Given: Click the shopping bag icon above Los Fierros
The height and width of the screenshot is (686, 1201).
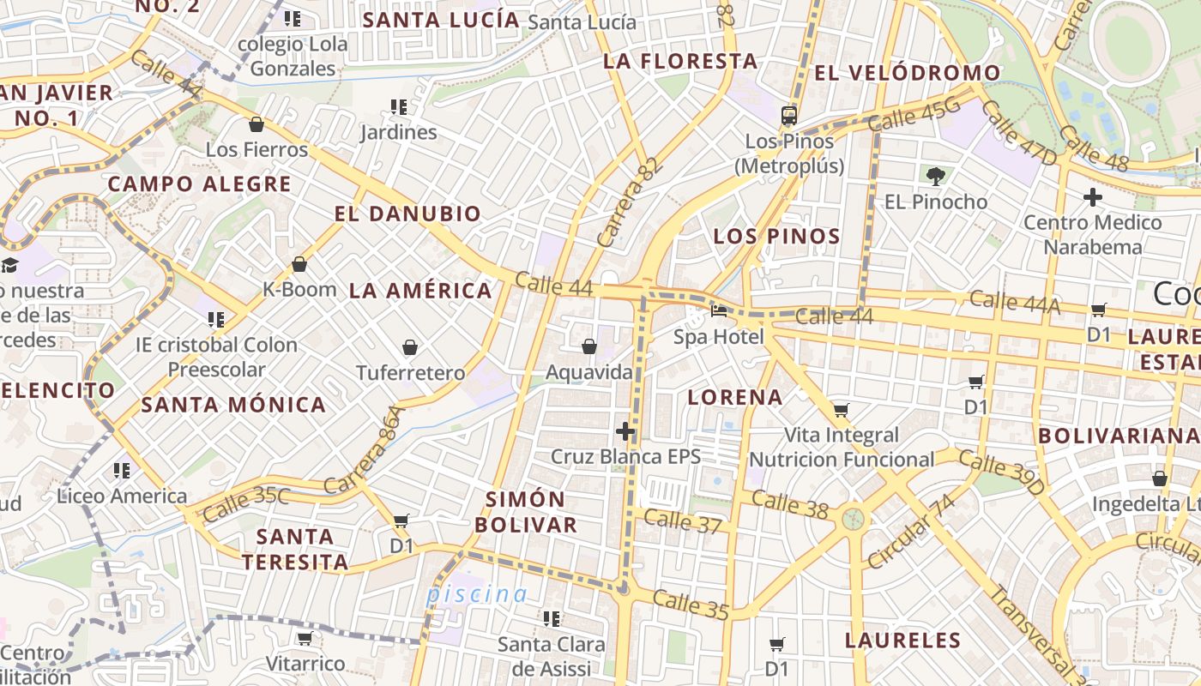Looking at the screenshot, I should click(256, 125).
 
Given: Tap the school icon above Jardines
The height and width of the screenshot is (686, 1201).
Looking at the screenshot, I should click(398, 107).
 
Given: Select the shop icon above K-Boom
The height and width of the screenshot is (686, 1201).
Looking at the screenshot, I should click(299, 264).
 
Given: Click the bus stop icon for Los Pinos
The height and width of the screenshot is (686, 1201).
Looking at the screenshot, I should click(789, 116).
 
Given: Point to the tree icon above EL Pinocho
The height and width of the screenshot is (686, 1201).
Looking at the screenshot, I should click(935, 177).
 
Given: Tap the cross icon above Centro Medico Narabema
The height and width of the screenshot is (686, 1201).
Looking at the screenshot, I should click(1092, 197).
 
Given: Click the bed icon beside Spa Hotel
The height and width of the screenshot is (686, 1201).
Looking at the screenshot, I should click(719, 310).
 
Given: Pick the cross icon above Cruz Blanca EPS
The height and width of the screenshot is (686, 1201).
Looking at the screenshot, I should click(625, 430).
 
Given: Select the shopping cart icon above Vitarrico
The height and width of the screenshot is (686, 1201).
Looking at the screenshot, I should click(305, 638).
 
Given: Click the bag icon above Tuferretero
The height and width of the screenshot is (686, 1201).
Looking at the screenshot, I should click(410, 347).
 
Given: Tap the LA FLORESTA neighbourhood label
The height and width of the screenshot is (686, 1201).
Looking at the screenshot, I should click(680, 61).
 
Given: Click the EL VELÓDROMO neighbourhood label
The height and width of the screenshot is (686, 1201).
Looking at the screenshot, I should click(907, 73).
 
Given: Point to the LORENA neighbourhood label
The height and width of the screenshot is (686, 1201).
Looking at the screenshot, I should click(735, 397).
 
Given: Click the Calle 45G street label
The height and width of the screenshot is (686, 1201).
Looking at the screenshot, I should click(914, 117).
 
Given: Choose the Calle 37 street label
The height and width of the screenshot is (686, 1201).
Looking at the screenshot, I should click(682, 521).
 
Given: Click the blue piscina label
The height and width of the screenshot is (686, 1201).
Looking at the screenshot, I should click(477, 593).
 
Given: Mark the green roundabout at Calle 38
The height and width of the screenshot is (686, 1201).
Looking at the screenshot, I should click(853, 519).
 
